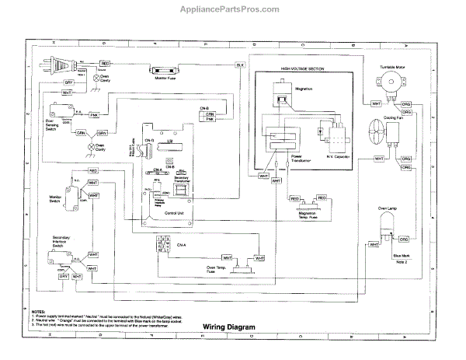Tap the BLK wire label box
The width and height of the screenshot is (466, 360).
[x=240, y=63]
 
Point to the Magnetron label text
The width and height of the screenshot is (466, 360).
[x=304, y=89]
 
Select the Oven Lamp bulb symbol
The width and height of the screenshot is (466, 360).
[x=385, y=226]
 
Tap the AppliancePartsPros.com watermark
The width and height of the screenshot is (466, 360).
[x=233, y=10]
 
